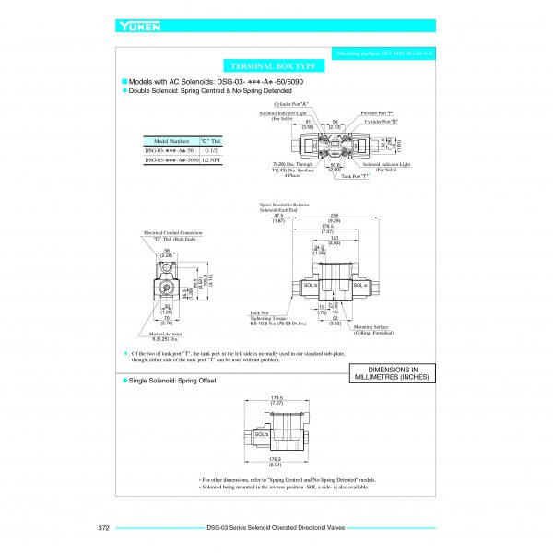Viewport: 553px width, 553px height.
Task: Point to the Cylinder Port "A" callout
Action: [294, 104]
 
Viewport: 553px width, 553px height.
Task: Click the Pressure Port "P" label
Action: [378, 112]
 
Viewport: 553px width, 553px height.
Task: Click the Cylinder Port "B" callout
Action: [381, 122]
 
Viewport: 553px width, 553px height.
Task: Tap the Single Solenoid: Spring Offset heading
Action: [172, 380]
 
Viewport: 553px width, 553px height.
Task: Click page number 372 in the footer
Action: [104, 528]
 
